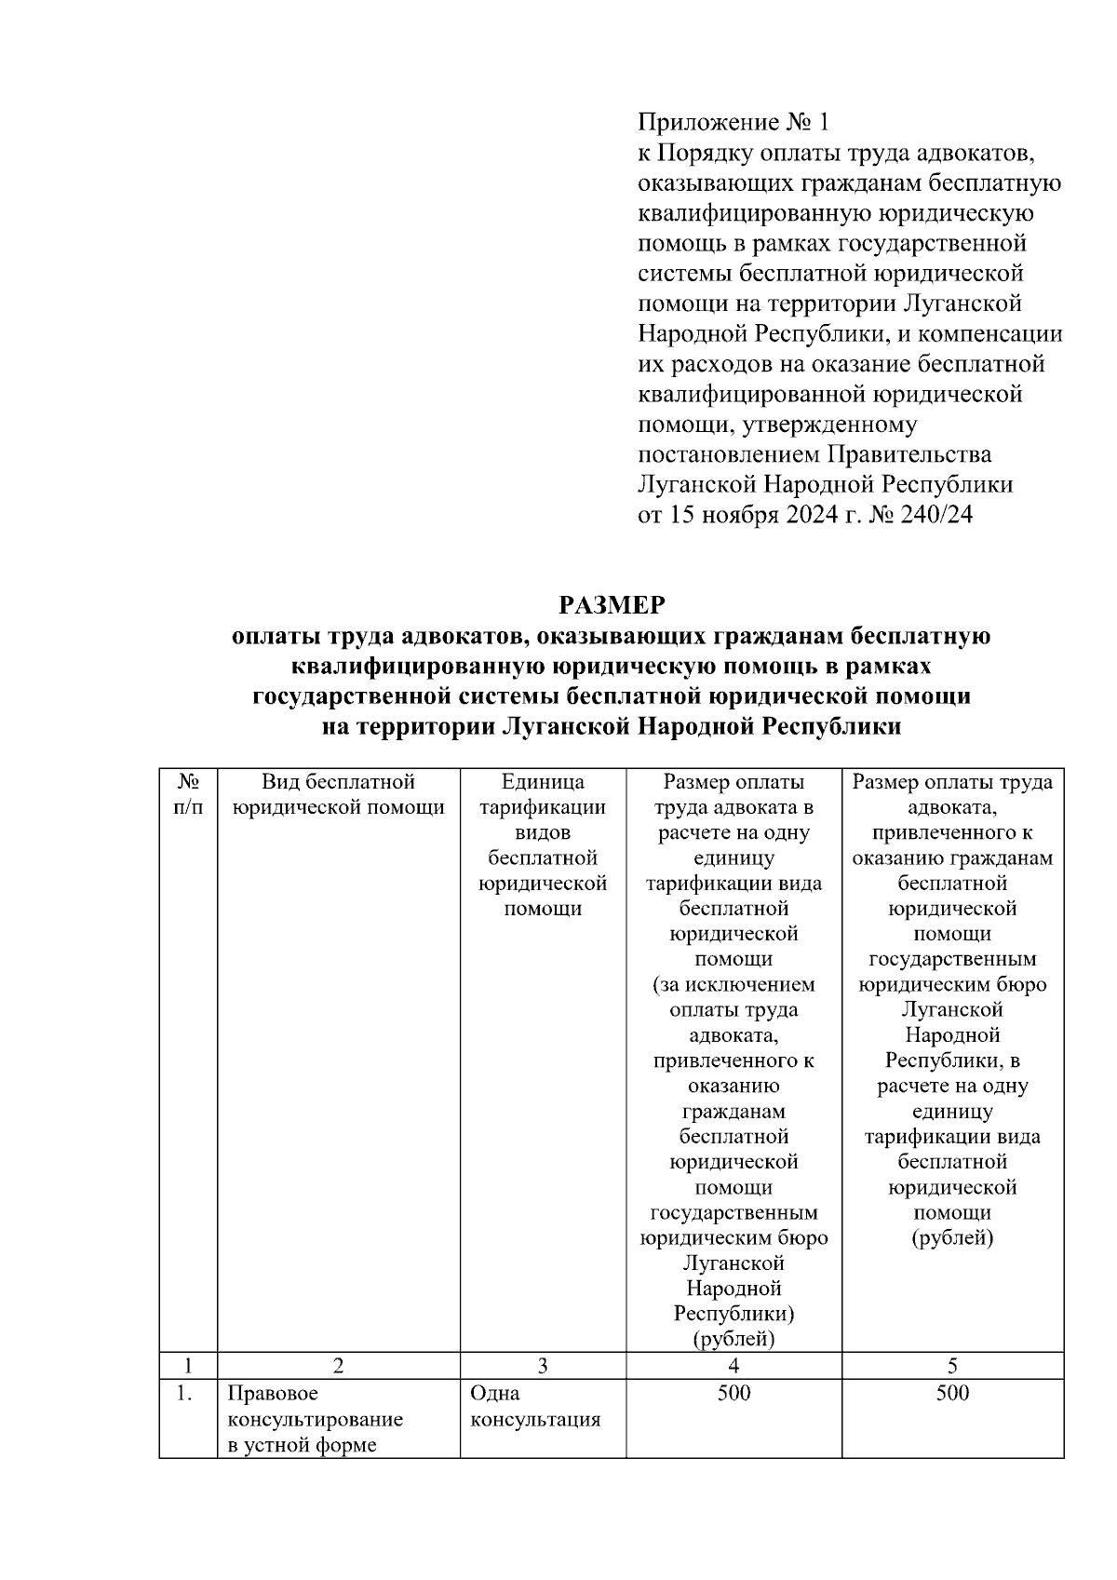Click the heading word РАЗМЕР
coord(612,605)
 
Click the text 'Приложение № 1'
coord(732,122)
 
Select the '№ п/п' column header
coord(188,794)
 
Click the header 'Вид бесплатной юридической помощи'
coord(338,794)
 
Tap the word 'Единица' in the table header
coord(543,782)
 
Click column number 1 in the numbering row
coord(188,1366)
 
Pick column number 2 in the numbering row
coord(338,1366)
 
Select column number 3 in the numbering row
coord(543,1366)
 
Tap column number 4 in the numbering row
coord(733,1366)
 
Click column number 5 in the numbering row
coord(952,1366)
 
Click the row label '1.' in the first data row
coord(184,1394)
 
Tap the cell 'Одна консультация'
coord(534,1407)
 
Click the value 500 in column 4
coord(733,1393)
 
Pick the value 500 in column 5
coord(952,1393)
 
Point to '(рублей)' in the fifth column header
coord(952,1238)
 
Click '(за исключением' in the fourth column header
coord(733,984)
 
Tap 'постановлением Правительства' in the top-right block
coord(814,454)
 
